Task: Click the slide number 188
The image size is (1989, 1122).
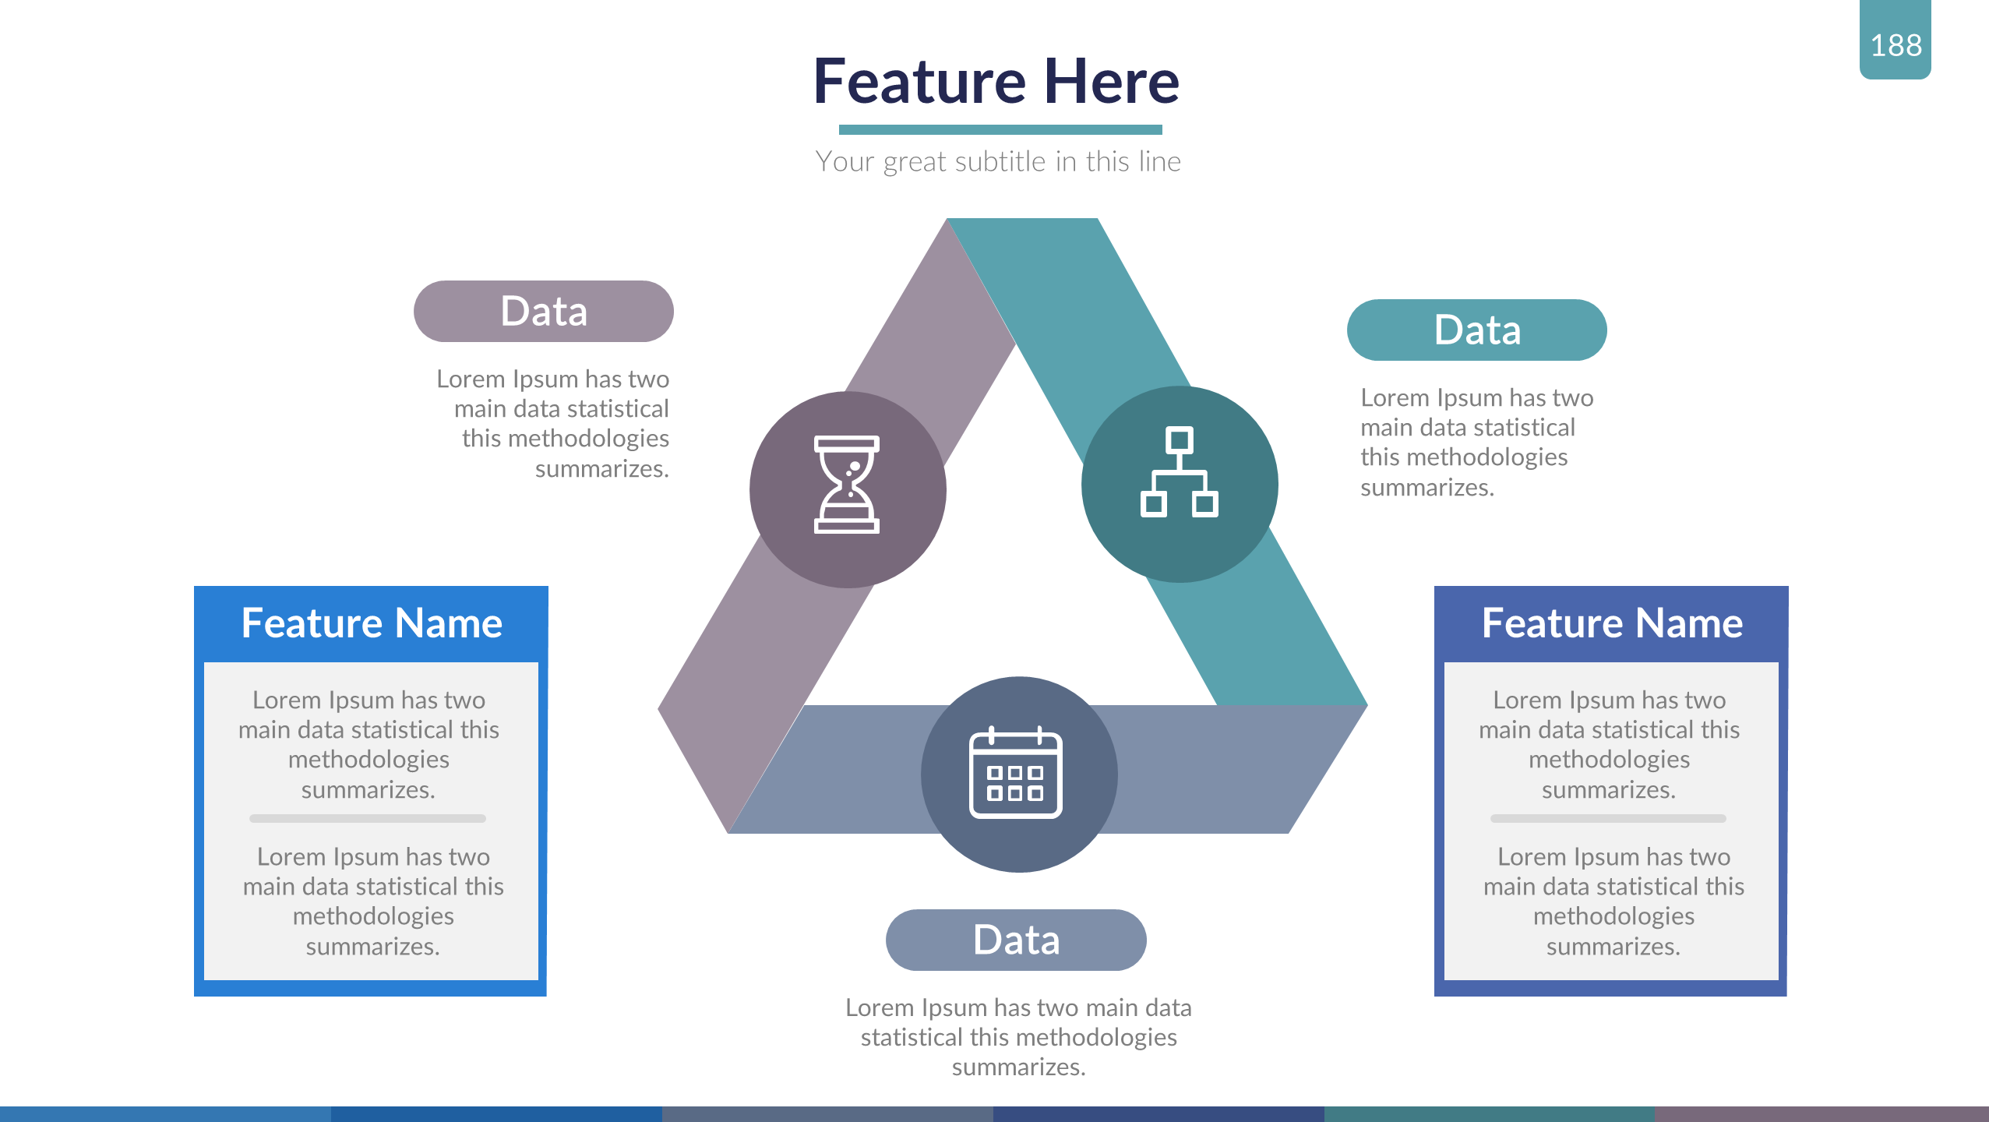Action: point(1896,45)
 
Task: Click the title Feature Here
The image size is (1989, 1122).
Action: point(996,82)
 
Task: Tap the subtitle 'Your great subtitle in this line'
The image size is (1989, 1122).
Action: point(998,162)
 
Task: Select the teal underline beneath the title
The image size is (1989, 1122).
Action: point(1000,129)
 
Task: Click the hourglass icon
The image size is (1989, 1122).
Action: point(846,485)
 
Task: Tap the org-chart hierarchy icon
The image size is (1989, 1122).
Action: point(1179,472)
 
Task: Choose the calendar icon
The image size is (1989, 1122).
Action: point(1015,773)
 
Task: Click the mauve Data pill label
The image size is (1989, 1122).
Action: point(543,312)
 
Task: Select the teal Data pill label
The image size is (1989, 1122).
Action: point(1476,330)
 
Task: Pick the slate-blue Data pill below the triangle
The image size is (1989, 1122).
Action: point(1015,940)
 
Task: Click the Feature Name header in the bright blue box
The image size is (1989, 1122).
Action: point(372,623)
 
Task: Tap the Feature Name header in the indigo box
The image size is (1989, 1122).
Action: point(1611,623)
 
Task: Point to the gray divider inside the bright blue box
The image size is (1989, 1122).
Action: point(368,819)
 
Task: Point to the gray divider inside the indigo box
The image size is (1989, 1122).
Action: point(1608,819)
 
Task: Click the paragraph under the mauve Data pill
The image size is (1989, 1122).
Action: point(553,424)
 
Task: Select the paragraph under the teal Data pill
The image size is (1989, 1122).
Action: point(1476,443)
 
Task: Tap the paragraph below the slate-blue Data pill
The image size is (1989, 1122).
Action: point(1018,1037)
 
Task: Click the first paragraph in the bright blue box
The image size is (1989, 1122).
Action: point(369,744)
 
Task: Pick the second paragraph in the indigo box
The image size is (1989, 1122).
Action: point(1613,901)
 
